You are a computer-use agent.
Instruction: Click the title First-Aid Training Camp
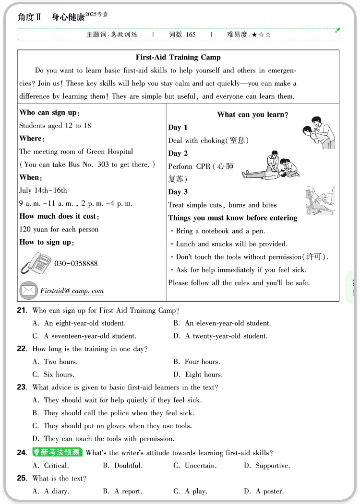pyautogui.click(x=178, y=58)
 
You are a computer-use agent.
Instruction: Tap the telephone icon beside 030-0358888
pyautogui.click(x=36, y=263)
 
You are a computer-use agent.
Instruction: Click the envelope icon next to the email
pyautogui.click(x=28, y=290)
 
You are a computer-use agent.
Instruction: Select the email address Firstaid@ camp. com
pyautogui.click(x=72, y=291)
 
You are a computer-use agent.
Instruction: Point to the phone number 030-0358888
pyautogui.click(x=76, y=264)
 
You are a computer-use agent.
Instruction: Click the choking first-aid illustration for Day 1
pyautogui.click(x=319, y=132)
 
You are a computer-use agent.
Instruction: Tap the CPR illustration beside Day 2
pyautogui.click(x=270, y=166)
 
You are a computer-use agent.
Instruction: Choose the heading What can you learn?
pyautogui.click(x=252, y=115)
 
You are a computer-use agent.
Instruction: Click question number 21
pyautogui.click(x=22, y=311)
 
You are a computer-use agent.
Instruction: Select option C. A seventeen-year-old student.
pyautogui.click(x=84, y=336)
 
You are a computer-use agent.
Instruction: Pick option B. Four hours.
pyautogui.click(x=196, y=362)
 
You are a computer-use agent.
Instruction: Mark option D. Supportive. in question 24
pyautogui.click(x=267, y=466)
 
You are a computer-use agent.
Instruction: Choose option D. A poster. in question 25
pyautogui.click(x=264, y=491)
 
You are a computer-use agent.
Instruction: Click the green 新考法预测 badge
pyautogui.click(x=57, y=452)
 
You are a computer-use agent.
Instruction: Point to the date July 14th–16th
pyautogui.click(x=43, y=190)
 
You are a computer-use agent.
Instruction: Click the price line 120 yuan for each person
pyautogui.click(x=59, y=229)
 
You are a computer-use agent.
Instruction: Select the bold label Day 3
pyautogui.click(x=178, y=192)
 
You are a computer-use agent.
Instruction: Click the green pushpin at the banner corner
pyautogui.click(x=337, y=30)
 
